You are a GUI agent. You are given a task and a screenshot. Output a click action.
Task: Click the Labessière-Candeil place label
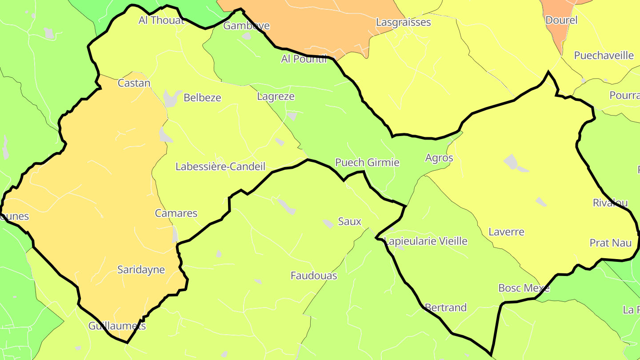pos(220,167)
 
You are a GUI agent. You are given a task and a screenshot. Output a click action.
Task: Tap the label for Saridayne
pos(141,270)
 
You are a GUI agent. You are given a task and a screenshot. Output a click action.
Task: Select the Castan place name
pos(134,83)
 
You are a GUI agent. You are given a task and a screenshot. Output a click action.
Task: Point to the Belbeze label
pos(202,98)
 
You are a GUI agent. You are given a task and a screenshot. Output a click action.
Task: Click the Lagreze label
pos(276,96)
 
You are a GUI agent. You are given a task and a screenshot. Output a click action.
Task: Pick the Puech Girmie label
pos(367,163)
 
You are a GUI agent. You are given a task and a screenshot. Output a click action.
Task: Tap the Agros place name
pos(439,158)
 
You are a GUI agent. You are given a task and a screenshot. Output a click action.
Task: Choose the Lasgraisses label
pos(403,22)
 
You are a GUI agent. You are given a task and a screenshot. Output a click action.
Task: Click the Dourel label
pos(561,20)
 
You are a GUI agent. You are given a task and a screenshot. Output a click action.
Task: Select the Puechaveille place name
pos(604,56)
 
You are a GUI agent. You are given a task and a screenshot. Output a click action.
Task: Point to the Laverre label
pos(506,232)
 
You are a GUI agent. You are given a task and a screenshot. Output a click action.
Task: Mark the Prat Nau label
pos(610,243)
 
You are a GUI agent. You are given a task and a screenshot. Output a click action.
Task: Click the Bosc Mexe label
pos(524,288)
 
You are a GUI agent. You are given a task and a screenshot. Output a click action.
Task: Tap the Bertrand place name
pos(445,308)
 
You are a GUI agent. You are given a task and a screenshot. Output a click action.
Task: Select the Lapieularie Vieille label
pos(426,241)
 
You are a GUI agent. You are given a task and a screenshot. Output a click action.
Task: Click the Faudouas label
pos(314,276)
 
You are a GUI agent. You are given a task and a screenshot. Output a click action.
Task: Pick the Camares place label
pos(176,213)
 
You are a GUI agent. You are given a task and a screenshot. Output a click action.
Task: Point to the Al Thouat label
pos(161,20)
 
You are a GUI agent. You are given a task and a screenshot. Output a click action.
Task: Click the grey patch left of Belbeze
pos(172,98)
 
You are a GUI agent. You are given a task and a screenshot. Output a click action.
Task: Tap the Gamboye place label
pos(246,26)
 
